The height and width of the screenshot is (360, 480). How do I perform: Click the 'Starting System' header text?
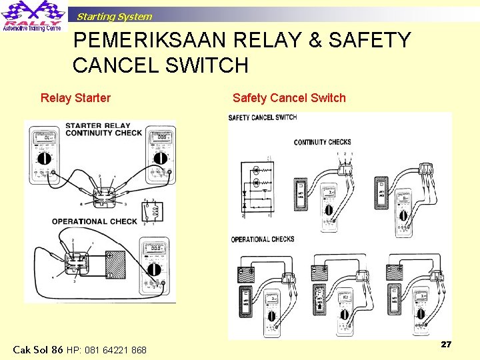[x=114, y=17]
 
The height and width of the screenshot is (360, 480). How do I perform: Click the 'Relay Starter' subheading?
[x=75, y=98]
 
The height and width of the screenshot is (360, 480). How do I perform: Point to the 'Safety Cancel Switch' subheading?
[x=289, y=98]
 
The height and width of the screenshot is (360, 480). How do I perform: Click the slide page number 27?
[x=446, y=344]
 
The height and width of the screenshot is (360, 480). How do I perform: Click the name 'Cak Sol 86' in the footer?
[x=38, y=349]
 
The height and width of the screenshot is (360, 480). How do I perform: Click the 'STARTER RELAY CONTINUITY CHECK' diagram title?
[x=103, y=129]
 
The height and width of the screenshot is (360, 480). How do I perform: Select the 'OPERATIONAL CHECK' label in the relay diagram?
[x=95, y=221]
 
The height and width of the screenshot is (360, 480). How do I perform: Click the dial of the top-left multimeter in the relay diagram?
[x=45, y=159]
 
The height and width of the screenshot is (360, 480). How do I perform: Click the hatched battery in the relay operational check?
[x=115, y=265]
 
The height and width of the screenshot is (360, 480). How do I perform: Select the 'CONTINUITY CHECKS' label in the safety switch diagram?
[x=322, y=142]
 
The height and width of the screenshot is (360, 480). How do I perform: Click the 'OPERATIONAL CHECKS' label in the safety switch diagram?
[x=263, y=239]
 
